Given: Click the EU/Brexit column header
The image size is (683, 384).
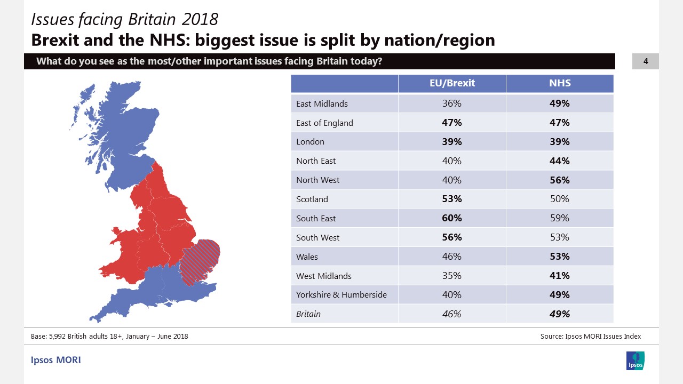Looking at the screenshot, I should pyautogui.click(x=451, y=83).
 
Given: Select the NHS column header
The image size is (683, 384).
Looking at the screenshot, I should pyautogui.click(x=559, y=83).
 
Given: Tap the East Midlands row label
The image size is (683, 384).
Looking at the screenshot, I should pyautogui.click(x=322, y=103).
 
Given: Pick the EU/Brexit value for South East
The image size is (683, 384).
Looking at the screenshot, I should pyautogui.click(x=451, y=218).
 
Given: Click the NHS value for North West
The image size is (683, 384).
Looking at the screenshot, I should pyautogui.click(x=559, y=180).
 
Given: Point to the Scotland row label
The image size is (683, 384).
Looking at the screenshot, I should pyautogui.click(x=312, y=199).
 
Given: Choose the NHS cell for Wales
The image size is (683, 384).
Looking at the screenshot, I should pyautogui.click(x=559, y=257).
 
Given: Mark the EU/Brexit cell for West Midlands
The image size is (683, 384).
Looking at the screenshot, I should pyautogui.click(x=451, y=276).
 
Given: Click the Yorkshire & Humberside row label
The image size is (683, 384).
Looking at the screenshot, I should pyautogui.click(x=341, y=294).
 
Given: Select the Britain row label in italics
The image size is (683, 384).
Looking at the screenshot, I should pyautogui.click(x=308, y=314).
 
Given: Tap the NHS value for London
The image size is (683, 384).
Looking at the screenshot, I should pyautogui.click(x=559, y=142).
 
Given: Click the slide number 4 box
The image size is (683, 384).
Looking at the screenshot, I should pyautogui.click(x=645, y=61).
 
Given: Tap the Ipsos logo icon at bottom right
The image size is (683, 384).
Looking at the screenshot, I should pyautogui.click(x=635, y=361).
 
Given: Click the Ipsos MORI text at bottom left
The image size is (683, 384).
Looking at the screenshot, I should pyautogui.click(x=55, y=360).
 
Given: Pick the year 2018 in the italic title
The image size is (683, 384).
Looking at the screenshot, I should pyautogui.click(x=200, y=19).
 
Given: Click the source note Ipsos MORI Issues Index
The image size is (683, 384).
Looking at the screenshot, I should pyautogui.click(x=591, y=336).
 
